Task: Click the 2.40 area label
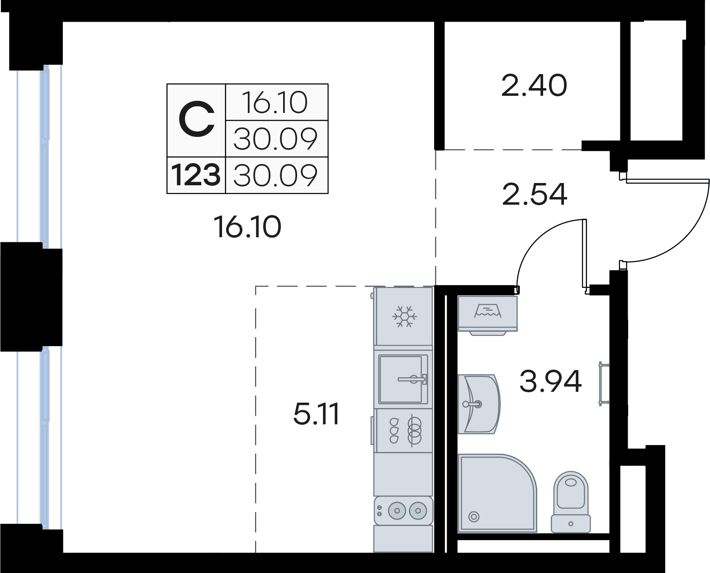point(534,86)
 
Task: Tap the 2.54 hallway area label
point(535,194)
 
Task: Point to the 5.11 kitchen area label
point(316,414)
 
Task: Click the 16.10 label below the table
point(247,227)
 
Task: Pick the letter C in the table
point(196,120)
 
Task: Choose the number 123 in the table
point(196,175)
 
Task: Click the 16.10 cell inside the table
point(275,103)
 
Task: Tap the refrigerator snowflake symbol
point(404,316)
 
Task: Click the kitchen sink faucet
point(412,379)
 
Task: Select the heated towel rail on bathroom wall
point(603,384)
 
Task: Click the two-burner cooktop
point(403,510)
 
